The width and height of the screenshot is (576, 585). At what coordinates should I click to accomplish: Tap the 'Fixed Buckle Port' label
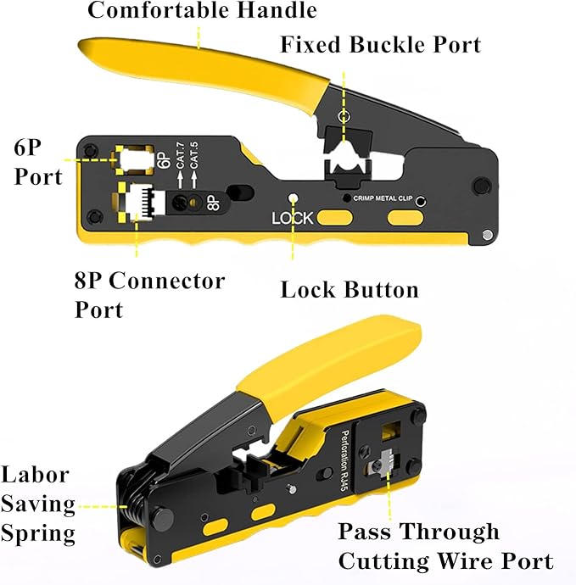click(380, 44)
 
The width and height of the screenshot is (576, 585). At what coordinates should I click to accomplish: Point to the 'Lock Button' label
click(350, 290)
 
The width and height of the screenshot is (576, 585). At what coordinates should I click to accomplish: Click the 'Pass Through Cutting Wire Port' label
click(445, 546)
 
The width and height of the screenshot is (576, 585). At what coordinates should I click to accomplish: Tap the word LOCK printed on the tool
click(292, 219)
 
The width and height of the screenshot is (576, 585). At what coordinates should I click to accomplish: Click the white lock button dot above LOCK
click(293, 198)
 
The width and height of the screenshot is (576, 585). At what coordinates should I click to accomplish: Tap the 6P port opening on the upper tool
click(133, 159)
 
